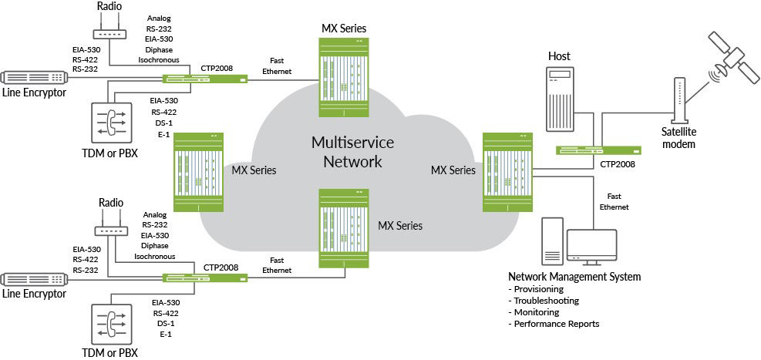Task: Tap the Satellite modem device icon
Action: [x=679, y=100]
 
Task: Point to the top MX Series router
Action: [x=343, y=76]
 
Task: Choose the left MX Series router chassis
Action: [x=197, y=171]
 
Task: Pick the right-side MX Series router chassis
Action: [x=507, y=171]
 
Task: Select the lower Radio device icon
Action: [x=109, y=229]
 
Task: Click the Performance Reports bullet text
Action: [x=554, y=324]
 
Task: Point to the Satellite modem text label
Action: [x=679, y=138]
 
